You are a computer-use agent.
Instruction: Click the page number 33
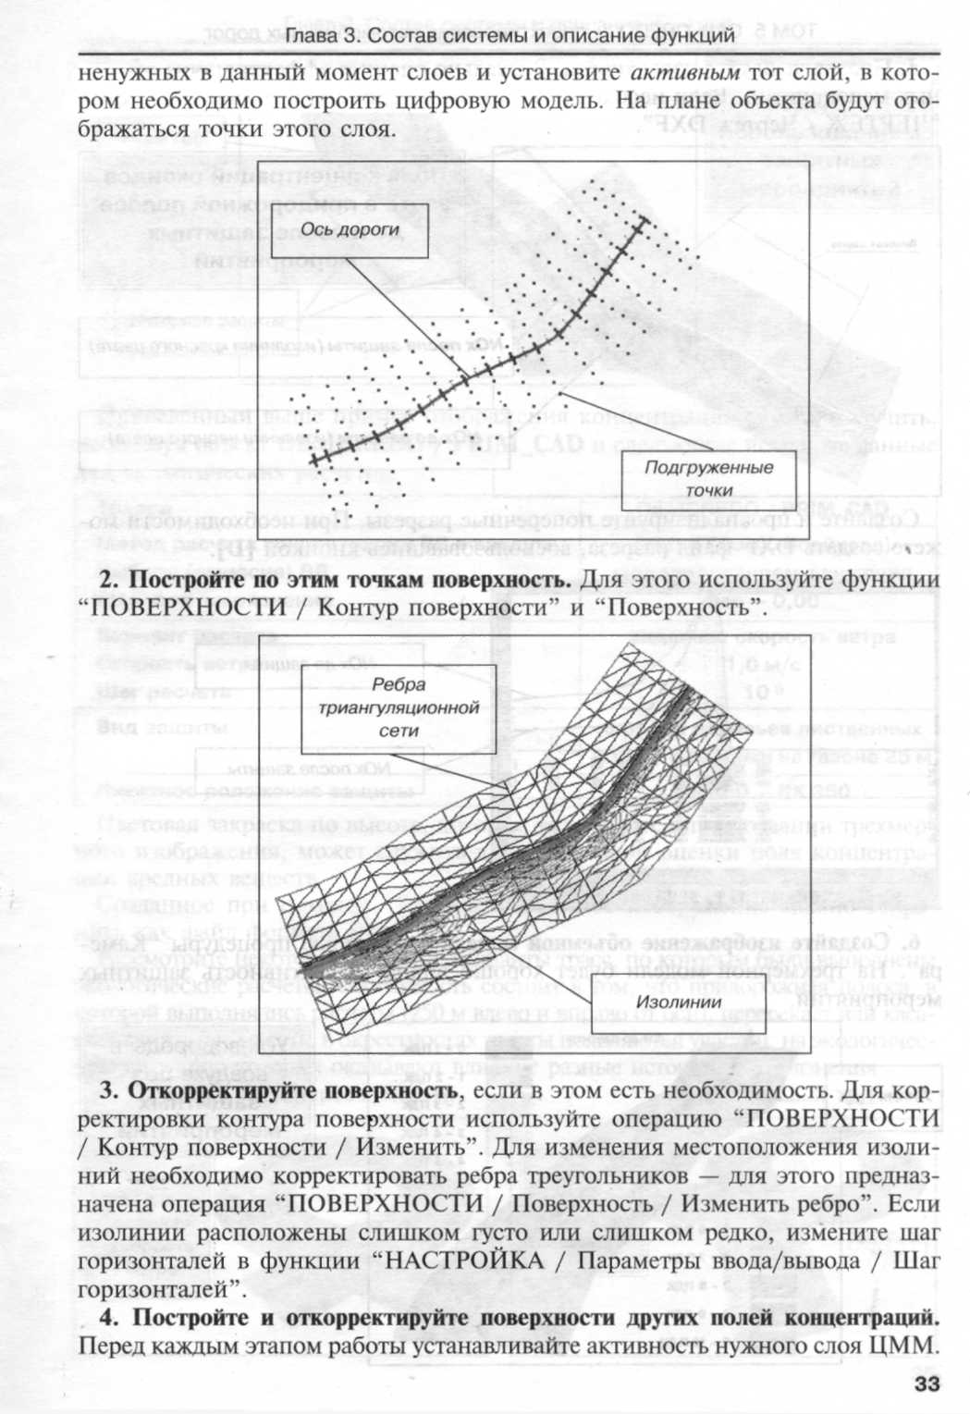926,1383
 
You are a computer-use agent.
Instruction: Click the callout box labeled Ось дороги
350,229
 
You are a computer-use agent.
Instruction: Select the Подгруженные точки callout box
708,478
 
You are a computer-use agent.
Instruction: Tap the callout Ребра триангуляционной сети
399,707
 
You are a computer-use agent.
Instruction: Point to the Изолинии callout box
679,1002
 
